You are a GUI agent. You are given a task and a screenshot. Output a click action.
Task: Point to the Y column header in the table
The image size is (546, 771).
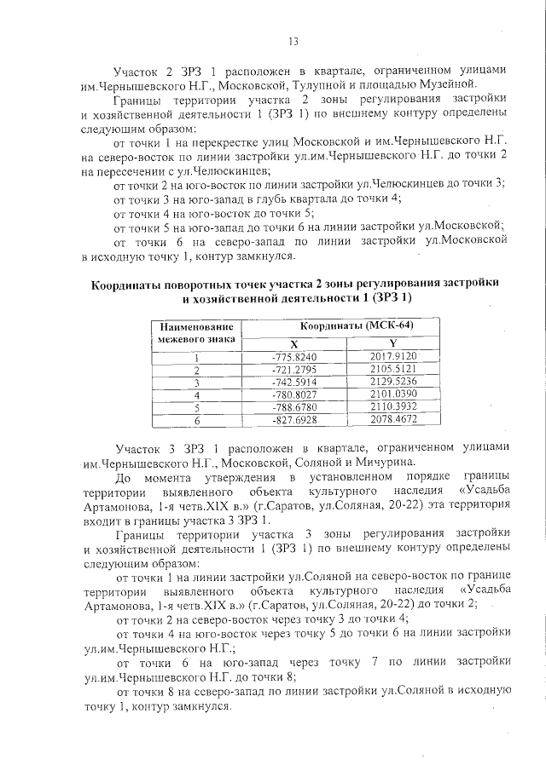click(x=393, y=344)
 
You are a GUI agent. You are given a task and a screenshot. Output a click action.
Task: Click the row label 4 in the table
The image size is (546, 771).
click(x=197, y=395)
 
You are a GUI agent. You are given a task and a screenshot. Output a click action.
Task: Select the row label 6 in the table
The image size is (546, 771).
click(x=197, y=421)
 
